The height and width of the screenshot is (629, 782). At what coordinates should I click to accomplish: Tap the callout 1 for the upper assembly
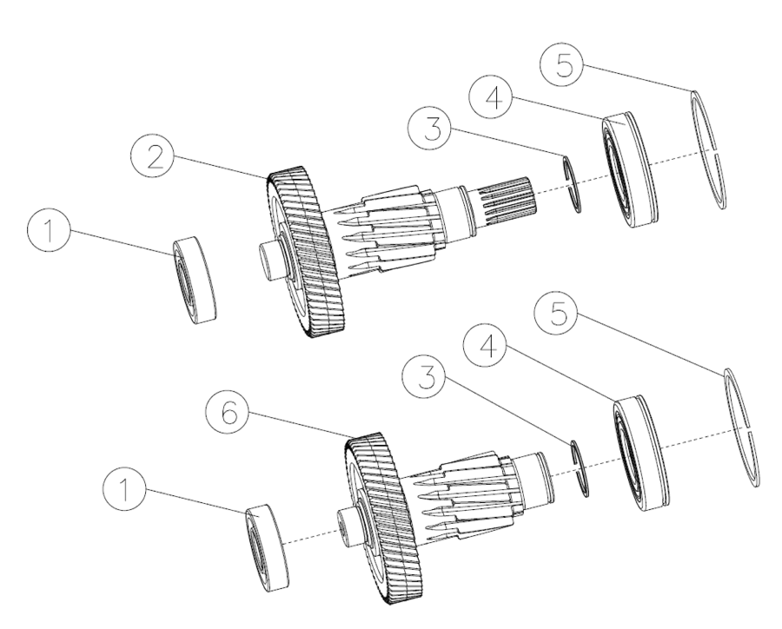[x=49, y=231]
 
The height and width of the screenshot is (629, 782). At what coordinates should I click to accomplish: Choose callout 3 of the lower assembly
[x=424, y=376]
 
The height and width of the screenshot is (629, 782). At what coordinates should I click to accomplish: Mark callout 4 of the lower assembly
[x=486, y=345]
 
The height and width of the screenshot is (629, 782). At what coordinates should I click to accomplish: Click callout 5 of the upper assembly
[x=562, y=65]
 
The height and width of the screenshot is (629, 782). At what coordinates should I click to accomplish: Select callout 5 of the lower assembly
[x=555, y=314]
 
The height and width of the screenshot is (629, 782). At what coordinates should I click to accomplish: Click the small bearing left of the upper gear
[x=195, y=281]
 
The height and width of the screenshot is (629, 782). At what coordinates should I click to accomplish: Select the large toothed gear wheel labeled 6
[x=377, y=519]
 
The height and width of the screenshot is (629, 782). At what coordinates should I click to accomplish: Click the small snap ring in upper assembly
[x=571, y=184]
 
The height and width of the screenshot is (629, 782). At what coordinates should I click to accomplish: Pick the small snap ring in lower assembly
[x=579, y=469]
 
